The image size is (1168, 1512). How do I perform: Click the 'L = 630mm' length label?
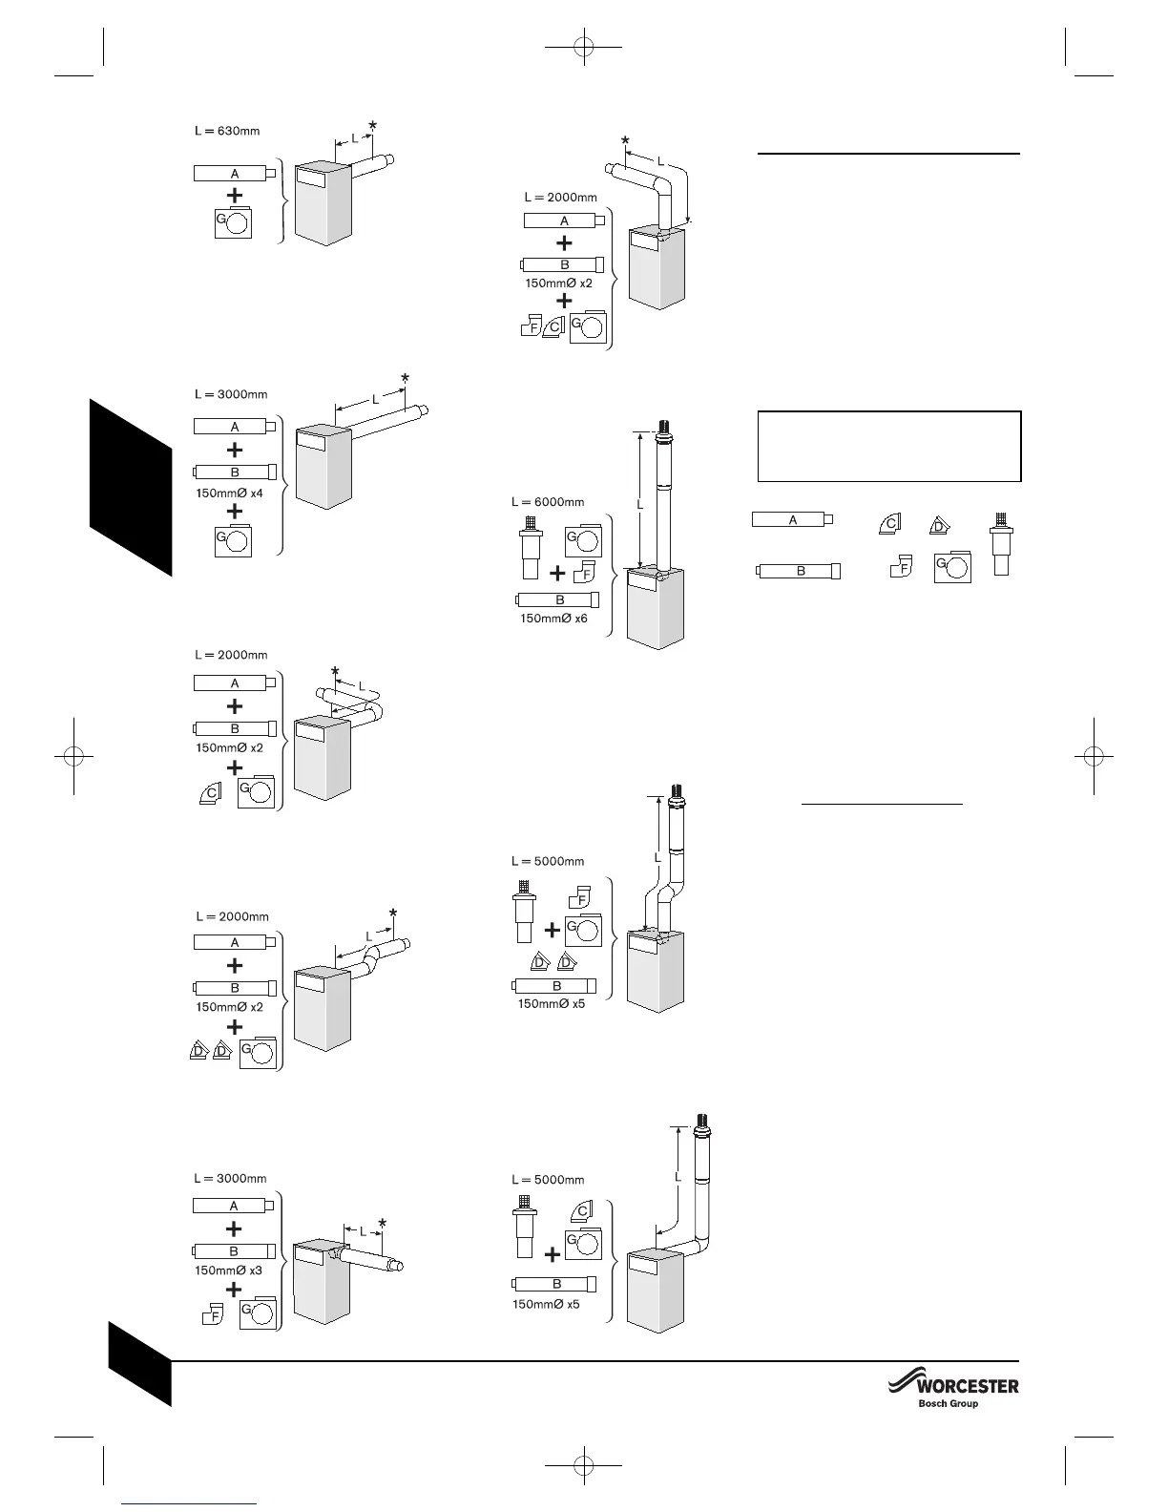tap(227, 131)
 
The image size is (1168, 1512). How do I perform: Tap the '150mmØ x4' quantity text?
tap(229, 493)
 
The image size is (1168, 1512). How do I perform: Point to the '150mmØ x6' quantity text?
tap(553, 619)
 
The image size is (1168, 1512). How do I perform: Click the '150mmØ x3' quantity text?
tap(228, 1270)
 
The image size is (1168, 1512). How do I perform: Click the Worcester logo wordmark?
tap(966, 1385)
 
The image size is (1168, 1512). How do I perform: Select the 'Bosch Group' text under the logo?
tap(948, 1403)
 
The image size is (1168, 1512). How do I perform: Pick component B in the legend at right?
tap(800, 572)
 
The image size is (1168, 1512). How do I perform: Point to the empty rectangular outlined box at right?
tap(888, 446)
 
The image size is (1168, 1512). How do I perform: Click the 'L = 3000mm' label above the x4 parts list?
tap(231, 394)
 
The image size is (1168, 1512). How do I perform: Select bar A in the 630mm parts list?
tap(235, 174)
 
